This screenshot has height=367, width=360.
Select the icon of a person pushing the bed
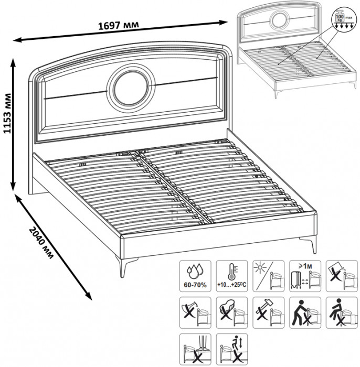click(303, 312)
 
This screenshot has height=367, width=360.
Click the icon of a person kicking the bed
click(339, 312)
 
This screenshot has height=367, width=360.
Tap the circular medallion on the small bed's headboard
click(279, 20)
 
